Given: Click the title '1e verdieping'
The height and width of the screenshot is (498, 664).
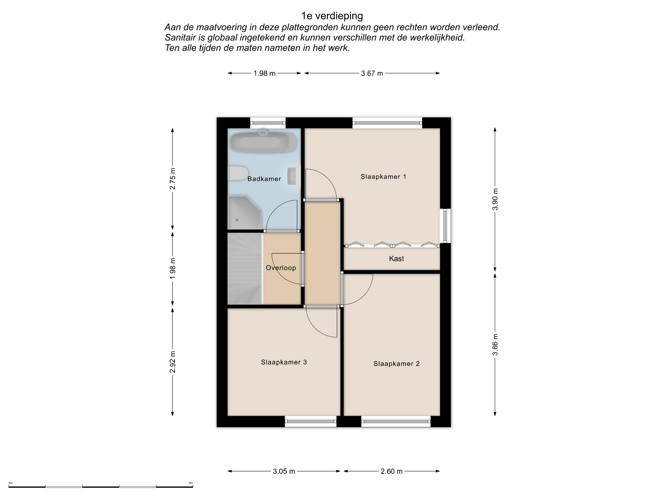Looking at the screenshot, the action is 332,16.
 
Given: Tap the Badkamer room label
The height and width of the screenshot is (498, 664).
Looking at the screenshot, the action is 264,179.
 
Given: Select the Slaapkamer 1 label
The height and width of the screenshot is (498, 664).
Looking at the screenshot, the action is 383,176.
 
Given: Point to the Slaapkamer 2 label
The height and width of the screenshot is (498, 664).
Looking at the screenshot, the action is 396,363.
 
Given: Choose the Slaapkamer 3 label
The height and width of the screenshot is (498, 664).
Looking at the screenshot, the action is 284,362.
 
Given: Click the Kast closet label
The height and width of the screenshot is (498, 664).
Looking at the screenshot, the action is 396,258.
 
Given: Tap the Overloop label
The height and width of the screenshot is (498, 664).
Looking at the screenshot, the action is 281,268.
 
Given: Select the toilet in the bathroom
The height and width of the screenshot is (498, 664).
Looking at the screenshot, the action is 238,173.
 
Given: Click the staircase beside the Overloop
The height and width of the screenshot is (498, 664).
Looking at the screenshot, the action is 245,269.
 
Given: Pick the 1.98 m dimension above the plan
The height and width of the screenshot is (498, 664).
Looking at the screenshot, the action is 265,73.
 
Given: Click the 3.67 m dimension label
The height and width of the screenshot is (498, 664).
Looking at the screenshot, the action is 372,73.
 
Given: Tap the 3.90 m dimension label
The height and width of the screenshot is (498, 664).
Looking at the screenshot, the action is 495,199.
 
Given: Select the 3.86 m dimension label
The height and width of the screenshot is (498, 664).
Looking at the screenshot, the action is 495,344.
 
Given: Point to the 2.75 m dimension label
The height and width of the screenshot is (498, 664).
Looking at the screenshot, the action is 173,178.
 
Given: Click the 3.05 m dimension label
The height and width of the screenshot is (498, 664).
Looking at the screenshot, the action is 284,471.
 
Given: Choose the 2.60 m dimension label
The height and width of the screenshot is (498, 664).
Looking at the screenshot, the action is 391,471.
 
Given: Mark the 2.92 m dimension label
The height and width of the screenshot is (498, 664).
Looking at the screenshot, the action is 173,362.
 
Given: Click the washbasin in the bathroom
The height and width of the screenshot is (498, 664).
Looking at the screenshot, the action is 294,176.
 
